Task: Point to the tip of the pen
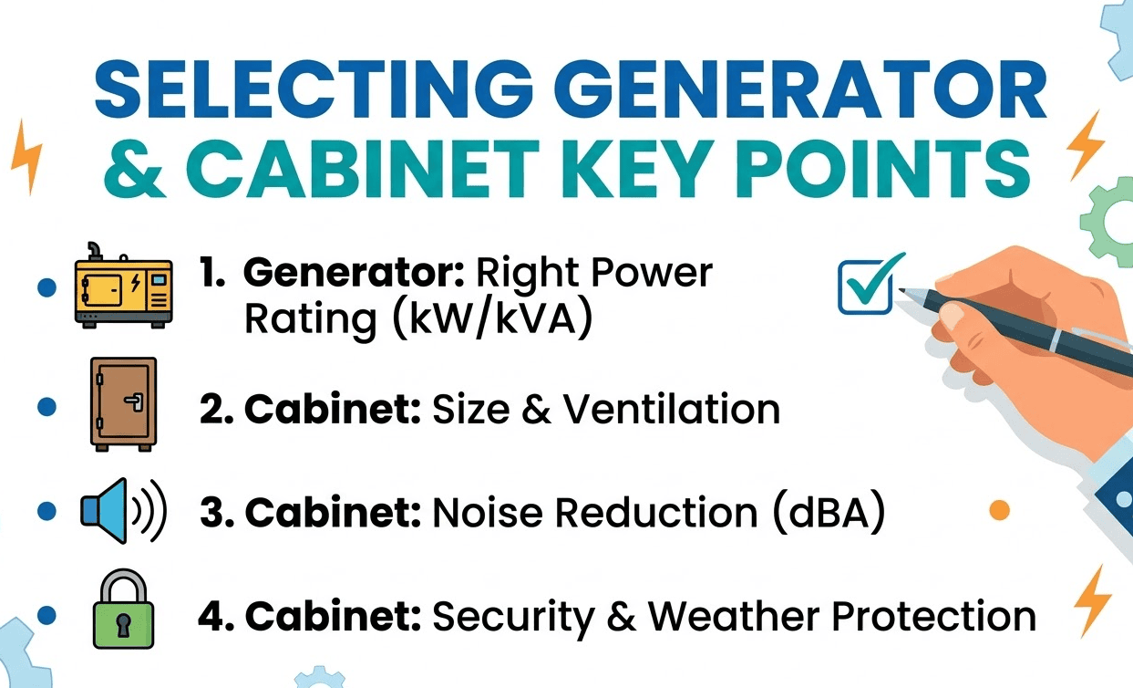[900, 291]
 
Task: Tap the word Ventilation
[672, 410]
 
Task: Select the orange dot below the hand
[1000, 510]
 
